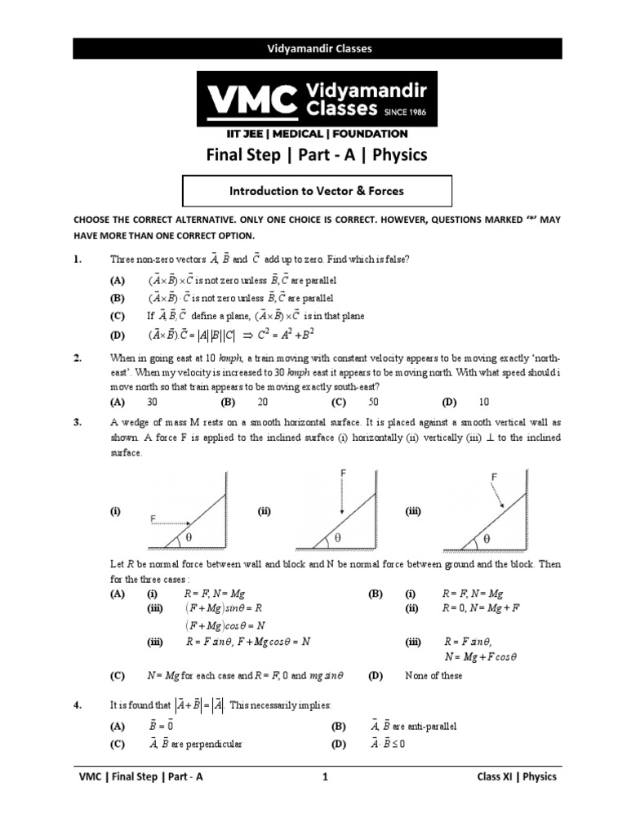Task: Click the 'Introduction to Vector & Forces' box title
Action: click(316, 191)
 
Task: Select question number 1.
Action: click(77, 259)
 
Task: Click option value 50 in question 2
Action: click(373, 402)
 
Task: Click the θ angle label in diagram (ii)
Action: click(336, 540)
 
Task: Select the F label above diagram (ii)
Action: click(344, 474)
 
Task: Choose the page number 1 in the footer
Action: click(324, 800)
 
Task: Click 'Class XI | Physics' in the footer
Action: click(516, 800)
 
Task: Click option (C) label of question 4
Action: click(118, 745)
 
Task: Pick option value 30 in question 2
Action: click(152, 402)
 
